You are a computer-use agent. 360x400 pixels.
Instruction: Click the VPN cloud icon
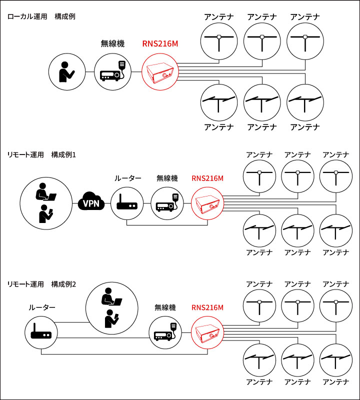(x=90, y=203)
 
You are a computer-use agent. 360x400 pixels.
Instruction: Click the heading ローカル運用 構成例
(x=41, y=16)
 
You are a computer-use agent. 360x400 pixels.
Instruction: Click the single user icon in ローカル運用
(x=66, y=72)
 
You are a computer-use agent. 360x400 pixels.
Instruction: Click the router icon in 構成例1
(x=127, y=203)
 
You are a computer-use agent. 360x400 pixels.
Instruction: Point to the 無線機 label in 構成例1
(x=167, y=178)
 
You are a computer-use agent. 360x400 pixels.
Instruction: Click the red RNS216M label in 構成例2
(x=207, y=307)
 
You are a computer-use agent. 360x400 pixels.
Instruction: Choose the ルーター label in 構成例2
(x=41, y=307)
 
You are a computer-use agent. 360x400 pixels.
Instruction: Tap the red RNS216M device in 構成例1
(x=207, y=203)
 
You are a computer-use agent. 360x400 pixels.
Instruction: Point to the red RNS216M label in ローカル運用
(x=160, y=43)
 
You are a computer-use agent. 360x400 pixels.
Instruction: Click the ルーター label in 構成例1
(x=127, y=178)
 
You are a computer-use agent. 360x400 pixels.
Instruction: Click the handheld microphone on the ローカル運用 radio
(x=121, y=65)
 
